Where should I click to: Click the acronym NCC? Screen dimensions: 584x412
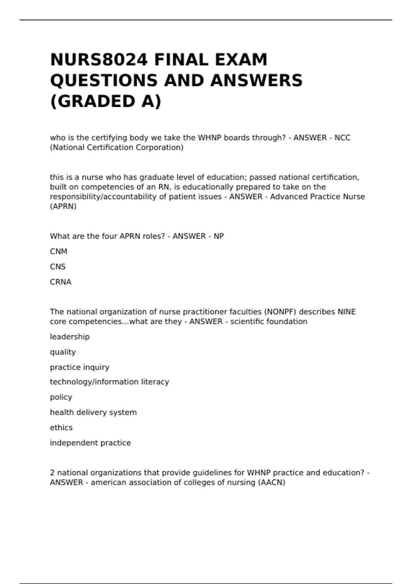click(342, 138)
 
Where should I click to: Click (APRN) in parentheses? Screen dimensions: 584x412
click(63, 206)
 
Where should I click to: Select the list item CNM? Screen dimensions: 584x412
click(58, 251)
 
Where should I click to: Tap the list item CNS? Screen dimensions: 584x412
click(58, 267)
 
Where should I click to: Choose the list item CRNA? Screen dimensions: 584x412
click(60, 282)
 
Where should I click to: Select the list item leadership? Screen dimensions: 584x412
click(70, 337)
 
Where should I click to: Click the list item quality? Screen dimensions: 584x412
click(63, 352)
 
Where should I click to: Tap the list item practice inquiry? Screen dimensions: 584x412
click(79, 367)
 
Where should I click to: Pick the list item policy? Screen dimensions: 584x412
click(61, 397)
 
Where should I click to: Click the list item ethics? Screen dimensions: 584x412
click(61, 428)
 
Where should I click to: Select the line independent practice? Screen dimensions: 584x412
click(90, 443)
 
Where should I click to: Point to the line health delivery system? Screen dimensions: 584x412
click(93, 412)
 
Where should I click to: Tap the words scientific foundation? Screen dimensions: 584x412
click(269, 322)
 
